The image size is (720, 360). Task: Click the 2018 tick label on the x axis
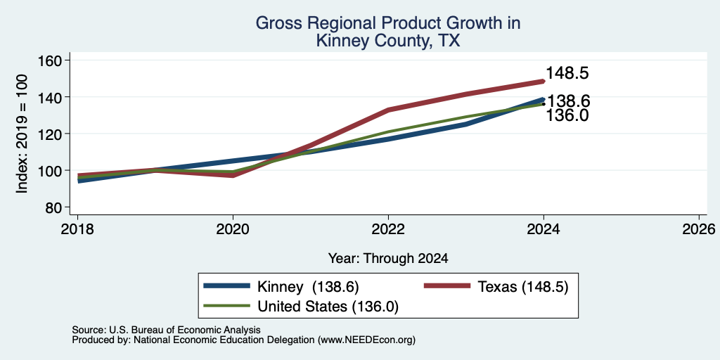pos(77,229)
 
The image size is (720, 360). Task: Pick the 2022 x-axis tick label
pos(388,229)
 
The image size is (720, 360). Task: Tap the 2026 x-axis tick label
pos(699,229)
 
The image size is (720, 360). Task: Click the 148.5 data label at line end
pos(567,73)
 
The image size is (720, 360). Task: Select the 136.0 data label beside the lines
pos(567,115)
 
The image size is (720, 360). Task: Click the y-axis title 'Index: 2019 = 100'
pos(22,134)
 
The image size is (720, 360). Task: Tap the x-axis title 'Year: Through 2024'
pos(388,259)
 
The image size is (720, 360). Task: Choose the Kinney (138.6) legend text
pos(308,287)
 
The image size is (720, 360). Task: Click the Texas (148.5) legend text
pos(523,287)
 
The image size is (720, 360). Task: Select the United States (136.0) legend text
pos(328,307)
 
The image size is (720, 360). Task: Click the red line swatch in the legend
pos(446,286)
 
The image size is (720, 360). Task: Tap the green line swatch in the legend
pos(227,306)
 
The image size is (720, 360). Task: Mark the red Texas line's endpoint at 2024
pos(544,82)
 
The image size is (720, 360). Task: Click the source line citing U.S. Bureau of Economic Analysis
pos(167,330)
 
